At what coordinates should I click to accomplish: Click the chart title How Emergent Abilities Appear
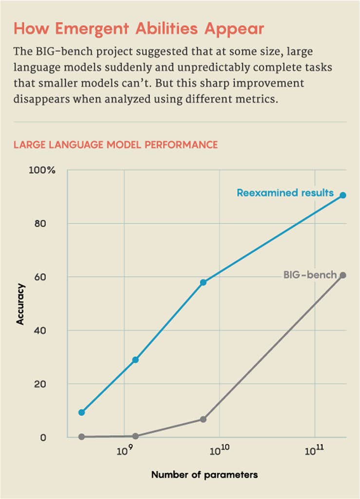click(139, 29)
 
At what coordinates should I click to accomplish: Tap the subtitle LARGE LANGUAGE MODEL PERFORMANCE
click(115, 145)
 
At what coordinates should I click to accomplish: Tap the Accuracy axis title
click(20, 304)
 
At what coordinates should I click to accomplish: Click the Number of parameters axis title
click(205, 474)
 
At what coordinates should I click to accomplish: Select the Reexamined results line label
click(285, 193)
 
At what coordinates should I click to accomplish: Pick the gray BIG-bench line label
click(310, 275)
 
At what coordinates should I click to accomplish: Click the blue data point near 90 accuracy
click(343, 195)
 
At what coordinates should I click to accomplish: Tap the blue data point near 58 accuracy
click(203, 282)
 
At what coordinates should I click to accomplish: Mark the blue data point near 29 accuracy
click(135, 360)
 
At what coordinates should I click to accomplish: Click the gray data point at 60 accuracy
click(343, 275)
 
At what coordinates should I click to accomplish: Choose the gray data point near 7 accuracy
click(203, 419)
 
